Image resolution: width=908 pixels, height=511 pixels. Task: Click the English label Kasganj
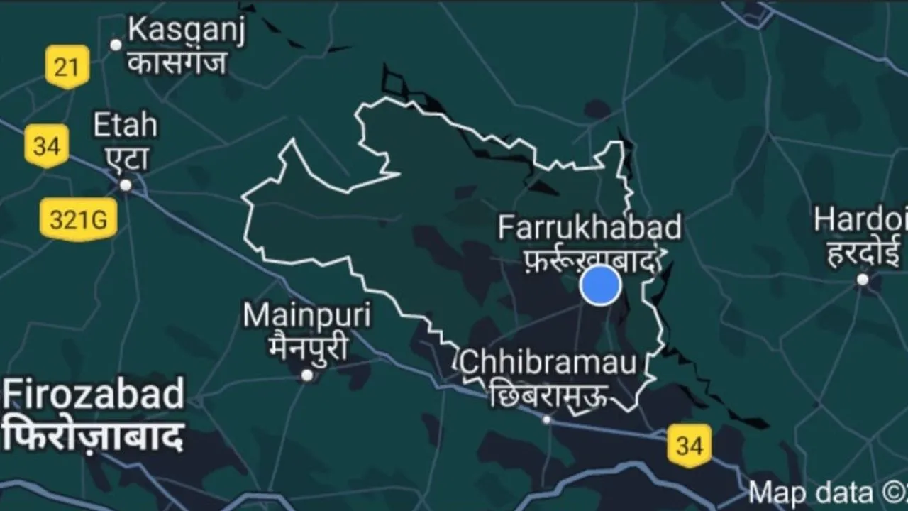186,33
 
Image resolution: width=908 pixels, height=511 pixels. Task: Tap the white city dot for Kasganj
116,45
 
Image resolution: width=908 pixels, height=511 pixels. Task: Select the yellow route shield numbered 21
67,67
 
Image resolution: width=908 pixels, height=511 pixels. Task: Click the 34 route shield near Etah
47,145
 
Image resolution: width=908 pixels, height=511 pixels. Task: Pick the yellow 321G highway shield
78,220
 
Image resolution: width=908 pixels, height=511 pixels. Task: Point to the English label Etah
126,126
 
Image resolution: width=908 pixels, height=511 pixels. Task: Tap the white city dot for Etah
126,185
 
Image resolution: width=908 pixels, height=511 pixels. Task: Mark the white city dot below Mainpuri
307,375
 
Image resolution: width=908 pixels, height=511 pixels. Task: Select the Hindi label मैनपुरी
308,348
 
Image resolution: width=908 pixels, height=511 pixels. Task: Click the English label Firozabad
94,395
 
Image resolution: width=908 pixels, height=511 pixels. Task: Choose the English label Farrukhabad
589,229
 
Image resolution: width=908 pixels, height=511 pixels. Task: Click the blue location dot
601,285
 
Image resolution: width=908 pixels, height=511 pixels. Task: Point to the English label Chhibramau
548,363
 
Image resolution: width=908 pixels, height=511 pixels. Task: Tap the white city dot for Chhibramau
546,419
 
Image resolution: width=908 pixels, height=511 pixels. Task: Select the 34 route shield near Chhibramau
689,446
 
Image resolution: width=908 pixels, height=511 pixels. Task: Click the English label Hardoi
860,220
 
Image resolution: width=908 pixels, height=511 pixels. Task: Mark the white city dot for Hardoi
863,280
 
